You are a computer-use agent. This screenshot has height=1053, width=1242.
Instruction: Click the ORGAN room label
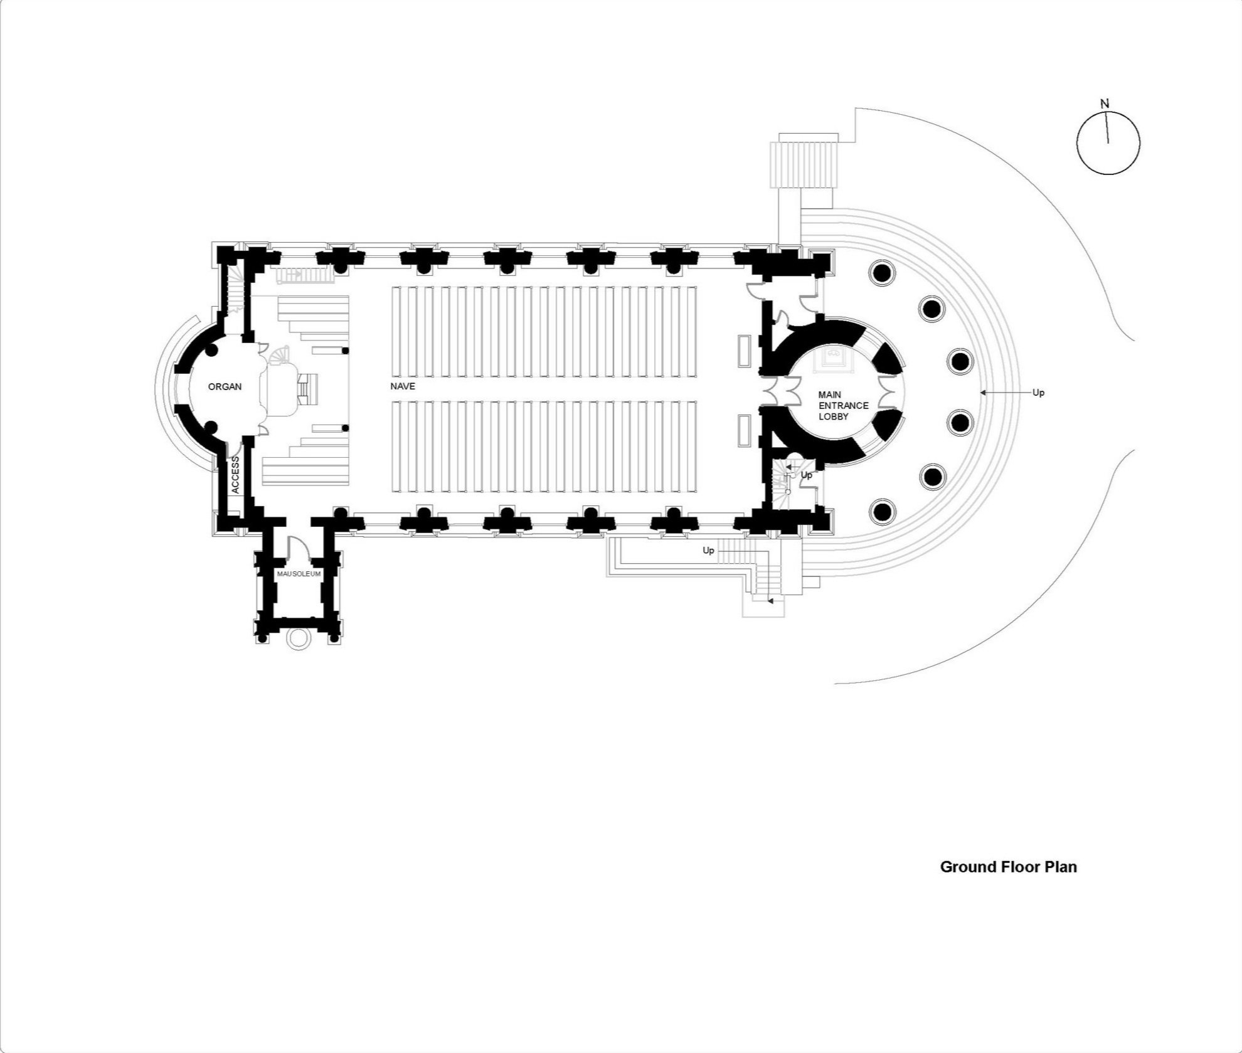(x=225, y=387)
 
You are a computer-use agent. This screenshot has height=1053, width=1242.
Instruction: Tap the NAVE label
(x=403, y=386)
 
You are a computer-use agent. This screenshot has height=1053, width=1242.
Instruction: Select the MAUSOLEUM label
(x=299, y=574)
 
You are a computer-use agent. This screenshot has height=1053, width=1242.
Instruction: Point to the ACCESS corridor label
(x=235, y=475)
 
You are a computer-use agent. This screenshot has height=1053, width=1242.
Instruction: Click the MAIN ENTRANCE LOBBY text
(x=842, y=406)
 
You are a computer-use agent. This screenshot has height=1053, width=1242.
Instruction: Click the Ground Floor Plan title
(x=1008, y=867)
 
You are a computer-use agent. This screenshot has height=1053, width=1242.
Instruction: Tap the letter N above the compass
(x=1105, y=103)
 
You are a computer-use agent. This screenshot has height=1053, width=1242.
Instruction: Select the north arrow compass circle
(x=1108, y=143)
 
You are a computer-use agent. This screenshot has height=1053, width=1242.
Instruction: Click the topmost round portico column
(x=880, y=273)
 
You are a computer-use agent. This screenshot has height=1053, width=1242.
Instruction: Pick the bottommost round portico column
(x=883, y=512)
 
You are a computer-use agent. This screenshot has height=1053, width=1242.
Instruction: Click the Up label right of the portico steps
(x=1038, y=393)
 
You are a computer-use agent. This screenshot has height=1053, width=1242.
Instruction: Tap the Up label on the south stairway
(x=708, y=551)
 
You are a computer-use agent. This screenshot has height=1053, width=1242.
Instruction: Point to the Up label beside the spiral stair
(x=807, y=475)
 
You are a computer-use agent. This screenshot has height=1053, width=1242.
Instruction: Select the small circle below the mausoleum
(x=297, y=638)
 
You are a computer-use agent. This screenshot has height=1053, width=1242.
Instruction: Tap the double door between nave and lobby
(x=775, y=392)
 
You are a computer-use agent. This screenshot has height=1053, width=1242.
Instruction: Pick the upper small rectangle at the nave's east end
(x=745, y=351)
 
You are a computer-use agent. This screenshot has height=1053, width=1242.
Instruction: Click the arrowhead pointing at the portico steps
(x=984, y=393)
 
